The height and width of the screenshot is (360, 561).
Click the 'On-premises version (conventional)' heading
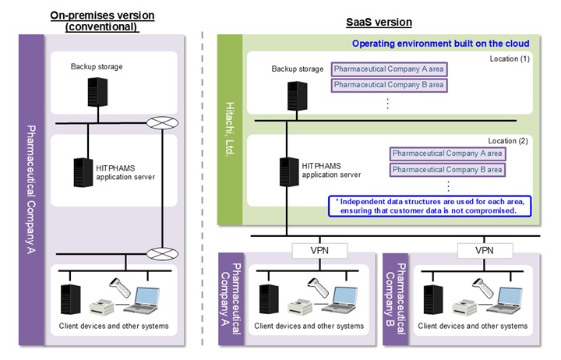click(x=101, y=21)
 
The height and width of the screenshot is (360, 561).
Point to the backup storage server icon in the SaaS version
click(x=294, y=94)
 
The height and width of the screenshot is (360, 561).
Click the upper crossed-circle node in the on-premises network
click(x=162, y=123)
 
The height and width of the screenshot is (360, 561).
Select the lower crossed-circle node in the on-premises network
click(x=162, y=253)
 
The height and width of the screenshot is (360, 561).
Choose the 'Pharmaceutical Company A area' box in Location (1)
click(x=388, y=69)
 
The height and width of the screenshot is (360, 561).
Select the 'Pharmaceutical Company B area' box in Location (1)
click(x=388, y=84)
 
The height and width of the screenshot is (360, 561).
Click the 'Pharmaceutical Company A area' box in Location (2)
click(x=447, y=154)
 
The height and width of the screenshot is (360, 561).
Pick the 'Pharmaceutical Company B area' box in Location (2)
click(x=447, y=169)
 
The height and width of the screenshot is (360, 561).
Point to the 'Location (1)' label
click(x=510, y=59)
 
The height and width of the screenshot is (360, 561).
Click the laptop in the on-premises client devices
click(x=145, y=298)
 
